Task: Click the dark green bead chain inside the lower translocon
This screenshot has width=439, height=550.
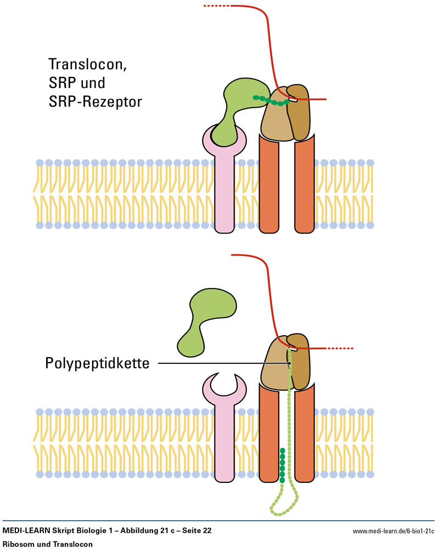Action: pyautogui.click(x=283, y=464)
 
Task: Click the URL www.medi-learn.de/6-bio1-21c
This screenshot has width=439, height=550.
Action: pyautogui.click(x=393, y=532)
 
